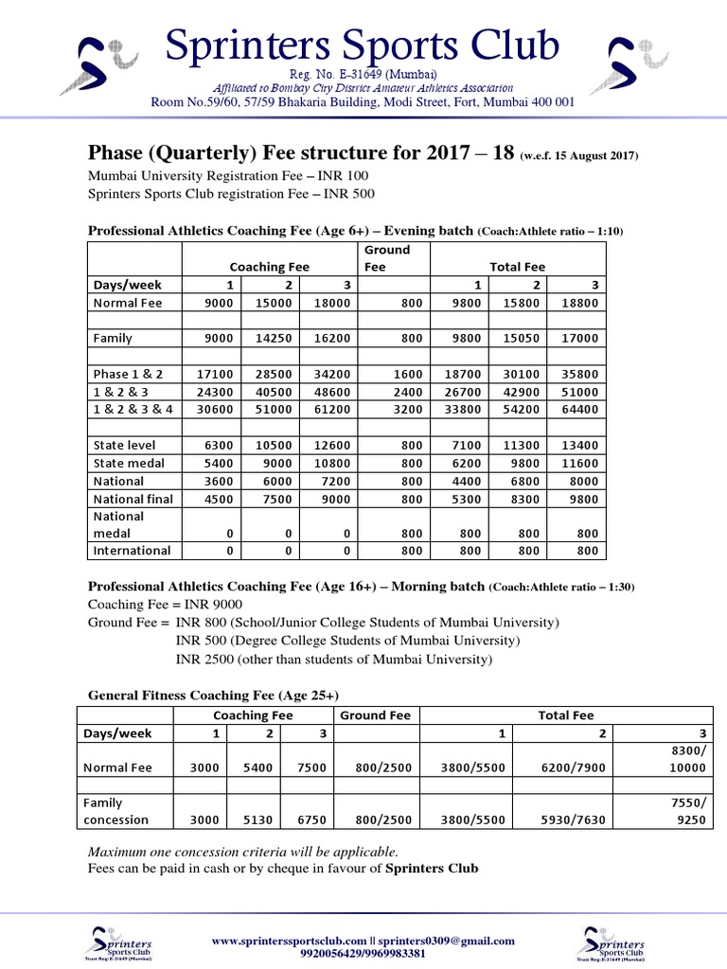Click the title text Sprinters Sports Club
[363, 45]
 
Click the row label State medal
[129, 463]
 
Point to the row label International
[132, 550]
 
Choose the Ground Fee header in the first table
[387, 258]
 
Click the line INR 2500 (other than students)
[334, 659]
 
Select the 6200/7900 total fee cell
[569, 769]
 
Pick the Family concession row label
[116, 811]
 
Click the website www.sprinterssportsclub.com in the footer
[288, 941]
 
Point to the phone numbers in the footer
[363, 954]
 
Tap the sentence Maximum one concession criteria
[236, 850]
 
